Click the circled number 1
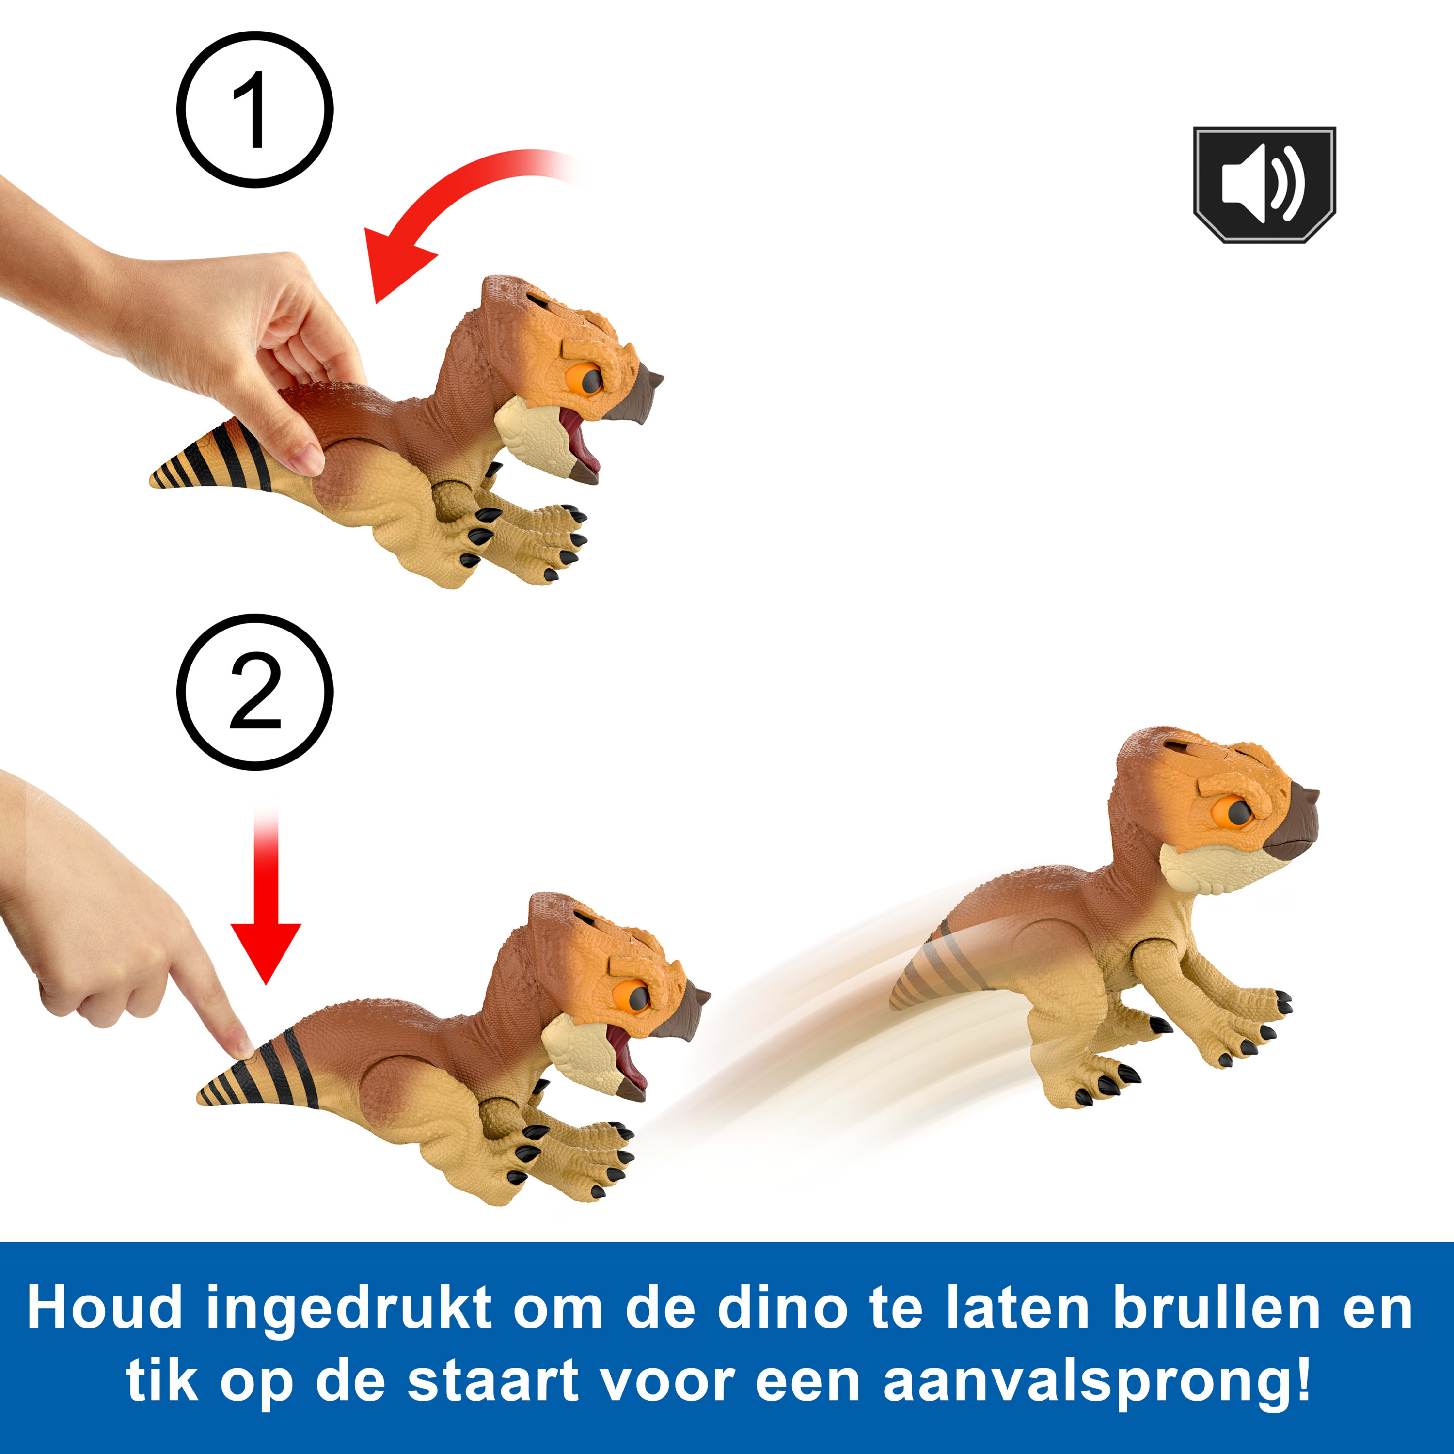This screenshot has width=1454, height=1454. tap(254, 109)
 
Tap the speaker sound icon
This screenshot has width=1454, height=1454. tap(1264, 184)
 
